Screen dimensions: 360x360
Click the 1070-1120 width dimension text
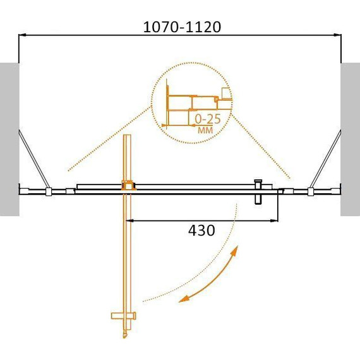tap(182, 27)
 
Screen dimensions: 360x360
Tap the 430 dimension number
tap(201, 231)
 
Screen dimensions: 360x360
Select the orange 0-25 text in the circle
tap(208, 119)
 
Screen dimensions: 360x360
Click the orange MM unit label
tap(205, 130)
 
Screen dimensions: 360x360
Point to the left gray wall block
tap(9, 139)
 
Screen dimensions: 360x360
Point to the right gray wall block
tap(350, 139)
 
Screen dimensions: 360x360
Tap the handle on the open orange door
tap(124, 316)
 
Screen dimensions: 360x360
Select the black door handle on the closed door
tap(258, 192)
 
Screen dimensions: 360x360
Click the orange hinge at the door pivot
tap(128, 185)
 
